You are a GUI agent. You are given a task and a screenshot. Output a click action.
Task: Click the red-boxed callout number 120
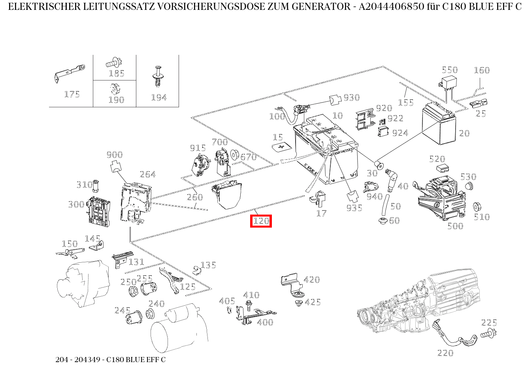point(261,221)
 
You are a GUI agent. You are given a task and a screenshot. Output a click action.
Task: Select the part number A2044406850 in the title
point(395,7)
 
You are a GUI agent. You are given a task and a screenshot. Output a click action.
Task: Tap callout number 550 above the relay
point(449,70)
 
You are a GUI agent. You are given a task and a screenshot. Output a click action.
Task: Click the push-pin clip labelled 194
point(158,77)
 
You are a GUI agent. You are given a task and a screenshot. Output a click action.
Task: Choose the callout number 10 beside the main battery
point(337,115)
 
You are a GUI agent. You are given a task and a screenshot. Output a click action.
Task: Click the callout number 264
point(147,174)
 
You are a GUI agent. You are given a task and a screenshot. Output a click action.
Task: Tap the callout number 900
point(115,155)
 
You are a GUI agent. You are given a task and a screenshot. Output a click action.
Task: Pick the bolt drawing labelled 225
point(489,334)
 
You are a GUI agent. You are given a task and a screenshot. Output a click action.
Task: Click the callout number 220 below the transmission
point(445,353)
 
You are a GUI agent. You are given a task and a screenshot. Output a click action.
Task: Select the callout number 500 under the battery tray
point(455,226)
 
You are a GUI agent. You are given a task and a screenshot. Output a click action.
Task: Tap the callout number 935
point(354,207)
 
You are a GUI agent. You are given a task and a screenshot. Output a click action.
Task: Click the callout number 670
point(248,157)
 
